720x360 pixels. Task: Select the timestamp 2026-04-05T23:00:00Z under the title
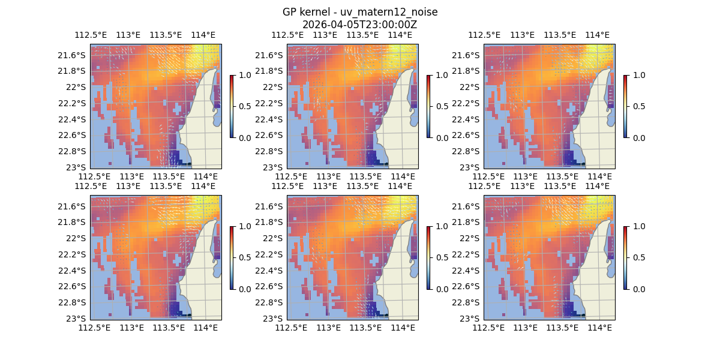360,25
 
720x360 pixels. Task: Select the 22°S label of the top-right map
471,87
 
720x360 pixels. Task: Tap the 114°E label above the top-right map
597,35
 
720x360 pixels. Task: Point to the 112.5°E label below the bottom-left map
95,328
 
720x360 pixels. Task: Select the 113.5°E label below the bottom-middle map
365,328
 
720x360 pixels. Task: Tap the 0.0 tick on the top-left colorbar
245,137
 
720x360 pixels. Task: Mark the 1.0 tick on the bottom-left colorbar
245,226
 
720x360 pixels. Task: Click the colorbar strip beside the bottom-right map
625,257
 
